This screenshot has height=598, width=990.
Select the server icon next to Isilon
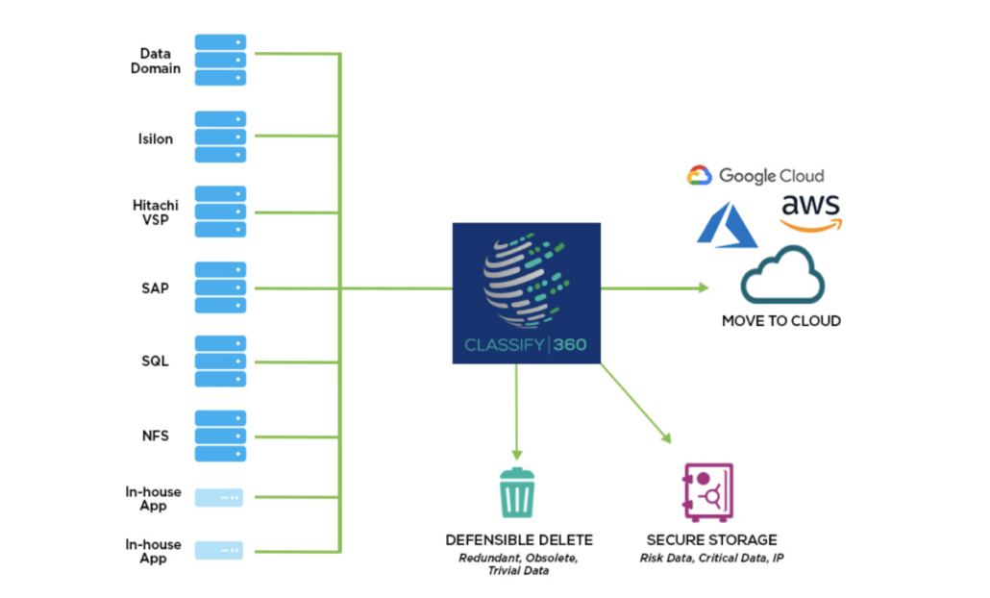coord(220,137)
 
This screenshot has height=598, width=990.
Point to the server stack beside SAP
coord(220,287)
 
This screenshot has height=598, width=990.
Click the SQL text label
coord(155,361)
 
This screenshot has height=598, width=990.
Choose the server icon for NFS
coord(220,436)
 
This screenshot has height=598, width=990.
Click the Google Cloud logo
coord(755,175)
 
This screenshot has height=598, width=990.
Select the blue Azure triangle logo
coord(728,225)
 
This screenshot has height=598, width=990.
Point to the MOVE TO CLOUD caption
coord(780,321)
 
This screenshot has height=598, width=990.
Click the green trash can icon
coord(517,493)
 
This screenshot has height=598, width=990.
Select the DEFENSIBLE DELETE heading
coord(519,539)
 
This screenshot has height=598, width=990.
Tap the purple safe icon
coord(707,492)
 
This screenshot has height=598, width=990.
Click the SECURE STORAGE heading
coord(711,539)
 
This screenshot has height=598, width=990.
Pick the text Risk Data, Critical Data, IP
coord(711,558)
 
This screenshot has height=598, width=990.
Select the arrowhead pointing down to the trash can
coord(517,452)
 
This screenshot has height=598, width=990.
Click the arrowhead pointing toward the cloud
coord(703,287)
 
